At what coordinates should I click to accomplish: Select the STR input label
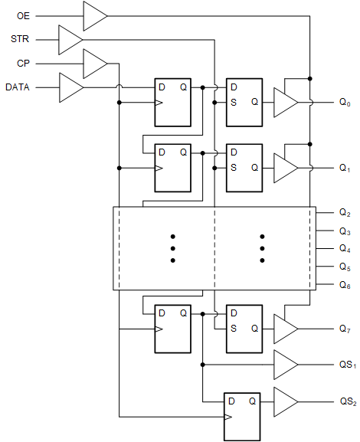(x=21, y=38)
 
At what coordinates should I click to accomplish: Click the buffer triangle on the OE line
(x=94, y=15)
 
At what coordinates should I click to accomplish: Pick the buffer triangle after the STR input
(x=70, y=38)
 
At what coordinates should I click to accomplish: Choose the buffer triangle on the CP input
(x=94, y=63)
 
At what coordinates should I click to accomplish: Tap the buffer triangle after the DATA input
(x=70, y=88)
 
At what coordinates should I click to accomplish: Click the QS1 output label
(x=349, y=364)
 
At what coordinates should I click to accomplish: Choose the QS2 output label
(x=349, y=401)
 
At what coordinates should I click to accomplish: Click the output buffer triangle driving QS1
(x=285, y=364)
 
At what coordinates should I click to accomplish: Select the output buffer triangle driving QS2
(x=285, y=401)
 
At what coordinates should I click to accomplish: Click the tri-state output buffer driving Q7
(x=285, y=329)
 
